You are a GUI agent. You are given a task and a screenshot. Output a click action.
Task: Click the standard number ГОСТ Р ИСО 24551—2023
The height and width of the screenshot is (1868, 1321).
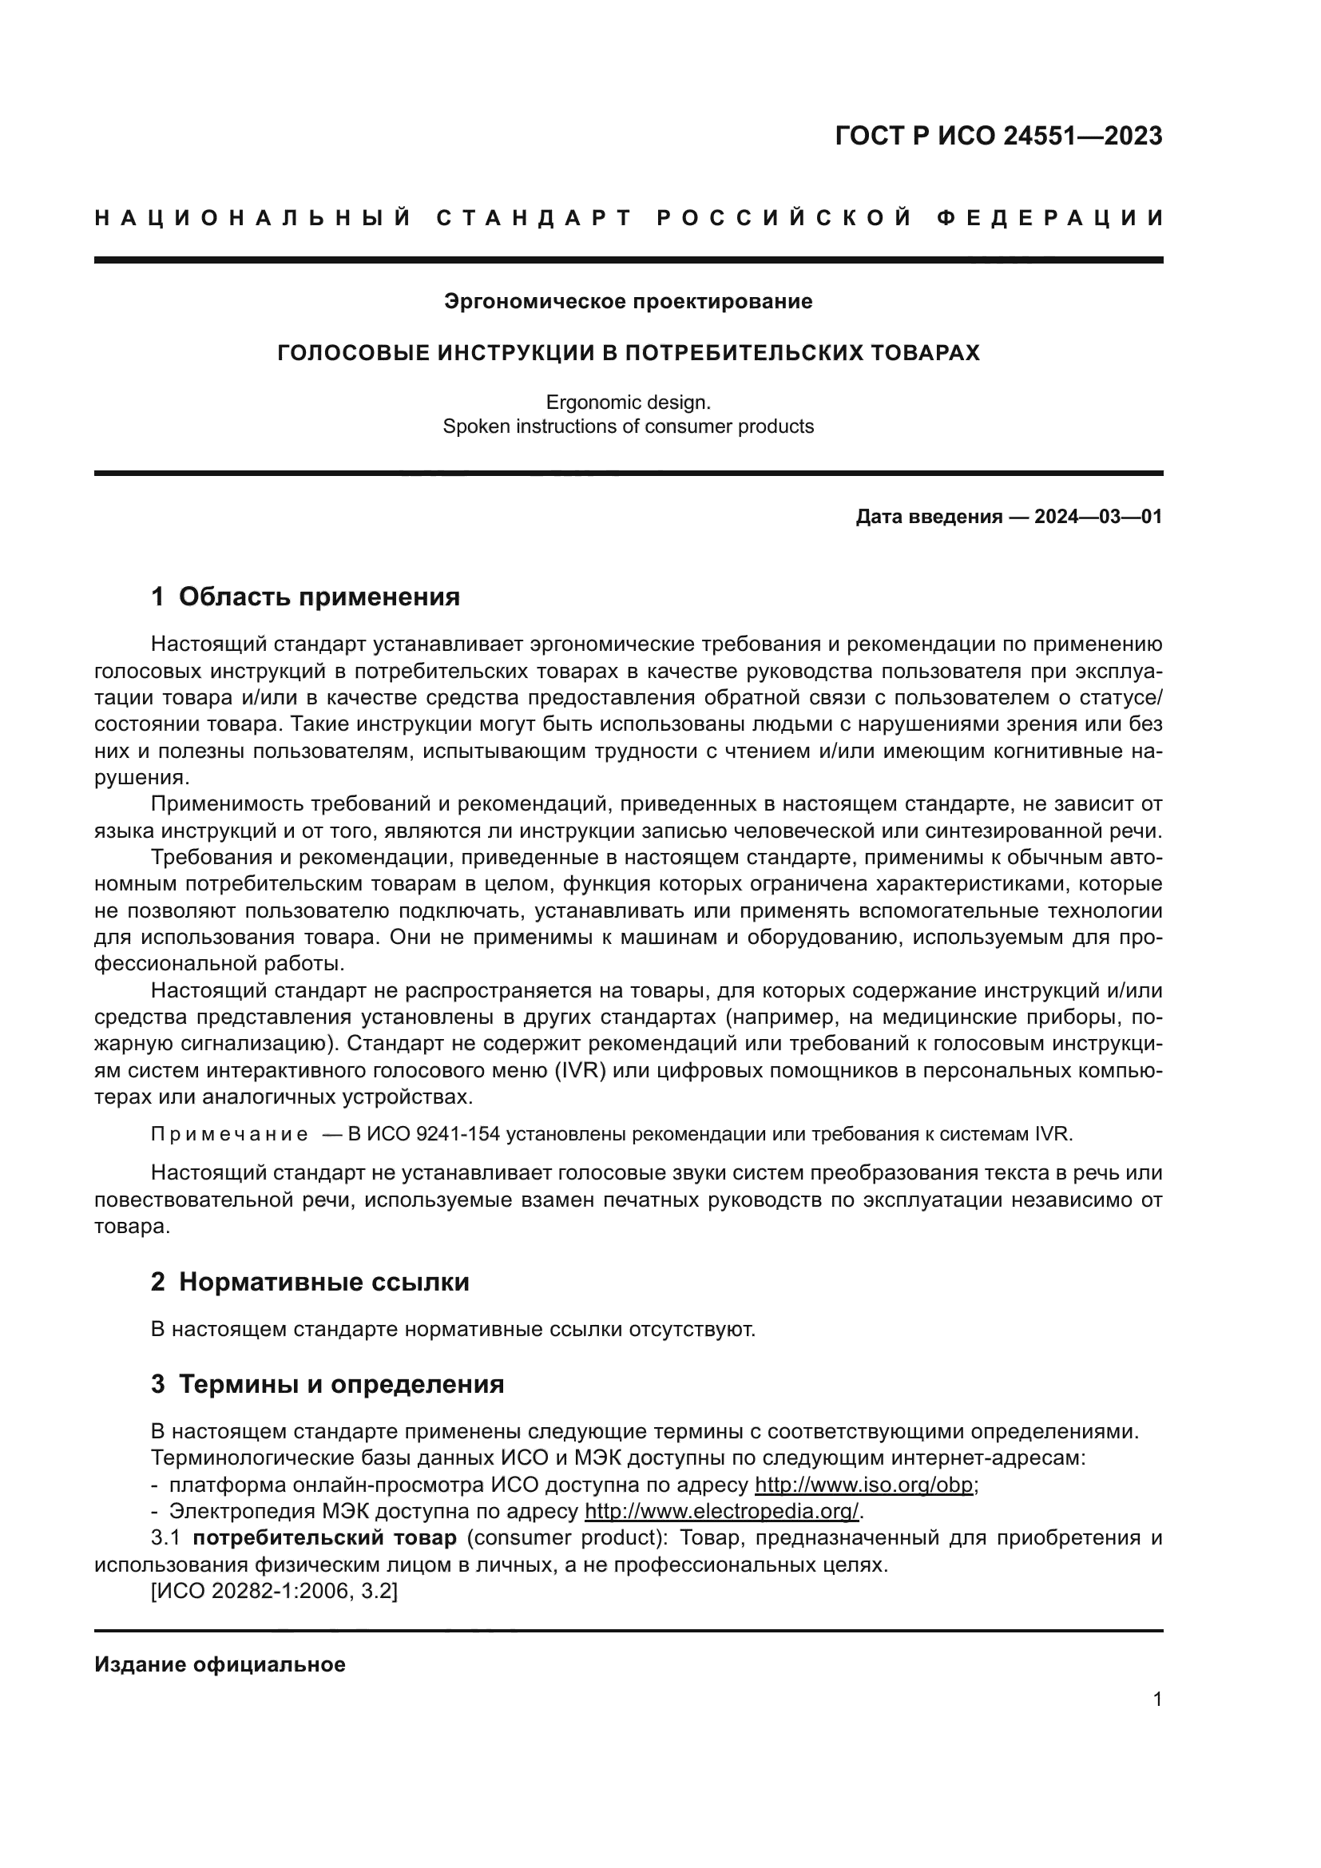click(998, 136)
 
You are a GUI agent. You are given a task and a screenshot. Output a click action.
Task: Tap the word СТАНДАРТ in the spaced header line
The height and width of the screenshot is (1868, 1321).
click(534, 218)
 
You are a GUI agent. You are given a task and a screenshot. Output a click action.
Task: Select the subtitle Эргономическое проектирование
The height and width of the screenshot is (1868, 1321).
click(628, 302)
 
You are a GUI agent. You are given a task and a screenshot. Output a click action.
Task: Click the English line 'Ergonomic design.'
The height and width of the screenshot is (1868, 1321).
click(628, 402)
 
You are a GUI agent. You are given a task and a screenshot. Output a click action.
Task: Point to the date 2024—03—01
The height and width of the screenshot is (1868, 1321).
click(1097, 517)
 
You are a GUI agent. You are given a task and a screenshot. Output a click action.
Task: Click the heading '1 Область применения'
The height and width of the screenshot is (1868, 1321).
click(305, 597)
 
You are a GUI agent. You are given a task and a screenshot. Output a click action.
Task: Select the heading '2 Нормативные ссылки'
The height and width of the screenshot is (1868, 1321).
click(310, 1283)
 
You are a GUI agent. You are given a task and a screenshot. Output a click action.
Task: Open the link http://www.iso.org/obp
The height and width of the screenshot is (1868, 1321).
click(864, 1485)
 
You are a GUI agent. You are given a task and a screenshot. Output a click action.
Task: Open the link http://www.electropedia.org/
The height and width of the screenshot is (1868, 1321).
click(721, 1512)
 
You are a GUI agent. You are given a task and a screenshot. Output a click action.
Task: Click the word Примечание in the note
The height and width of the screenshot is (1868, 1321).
click(229, 1134)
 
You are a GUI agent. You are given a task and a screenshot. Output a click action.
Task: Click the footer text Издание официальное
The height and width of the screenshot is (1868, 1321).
click(220, 1664)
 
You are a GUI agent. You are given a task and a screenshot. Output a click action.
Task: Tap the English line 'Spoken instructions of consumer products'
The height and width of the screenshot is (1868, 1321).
click(628, 426)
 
